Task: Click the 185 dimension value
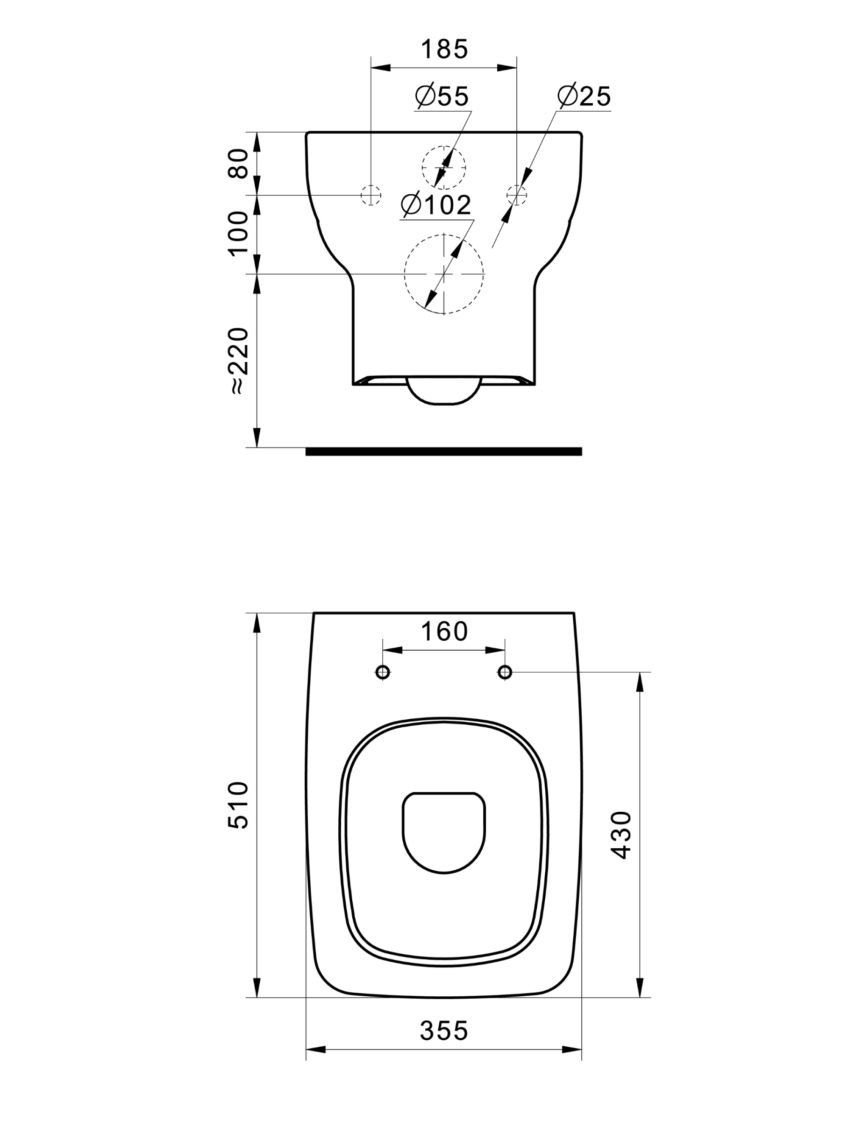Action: pyautogui.click(x=444, y=50)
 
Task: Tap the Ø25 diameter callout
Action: pyautogui.click(x=584, y=95)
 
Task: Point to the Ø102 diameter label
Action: pyautogui.click(x=436, y=205)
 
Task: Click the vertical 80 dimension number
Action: pyautogui.click(x=239, y=163)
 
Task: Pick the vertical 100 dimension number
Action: pyautogui.click(x=239, y=234)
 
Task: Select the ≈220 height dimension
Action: pyautogui.click(x=239, y=361)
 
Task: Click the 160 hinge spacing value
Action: pyautogui.click(x=444, y=631)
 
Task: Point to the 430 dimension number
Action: pyautogui.click(x=621, y=835)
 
